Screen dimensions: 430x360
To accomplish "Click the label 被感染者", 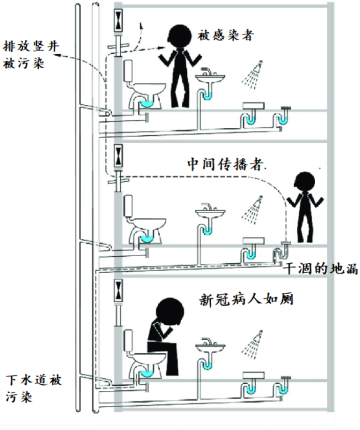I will (225, 35).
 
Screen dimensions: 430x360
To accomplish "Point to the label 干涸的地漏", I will (320, 268).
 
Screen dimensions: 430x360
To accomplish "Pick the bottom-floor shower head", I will (254, 340).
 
